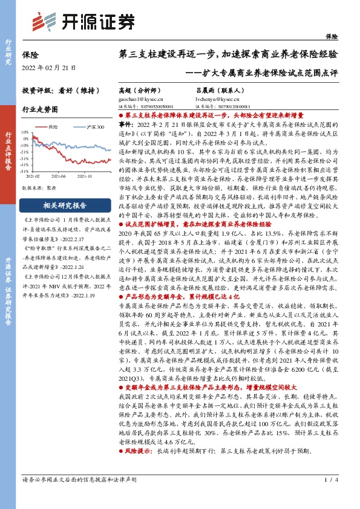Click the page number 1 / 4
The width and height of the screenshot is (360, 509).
click(x=329, y=496)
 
